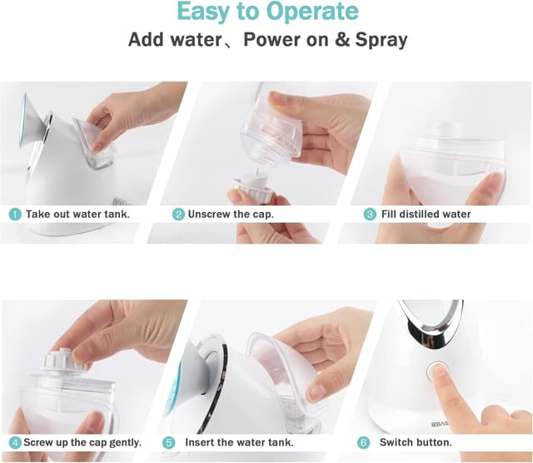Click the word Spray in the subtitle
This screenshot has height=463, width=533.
[381, 40]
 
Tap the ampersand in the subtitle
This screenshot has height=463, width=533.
[342, 39]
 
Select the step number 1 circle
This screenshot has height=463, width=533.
[15, 214]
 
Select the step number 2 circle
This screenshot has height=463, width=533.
[178, 214]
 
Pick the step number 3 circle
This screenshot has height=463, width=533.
[370, 214]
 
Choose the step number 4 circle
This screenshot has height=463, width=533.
[15, 443]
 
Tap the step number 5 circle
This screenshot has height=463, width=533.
[168, 443]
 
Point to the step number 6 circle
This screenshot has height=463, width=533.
[363, 443]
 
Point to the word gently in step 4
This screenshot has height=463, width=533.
[126, 443]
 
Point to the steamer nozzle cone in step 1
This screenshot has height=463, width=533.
[33, 121]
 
